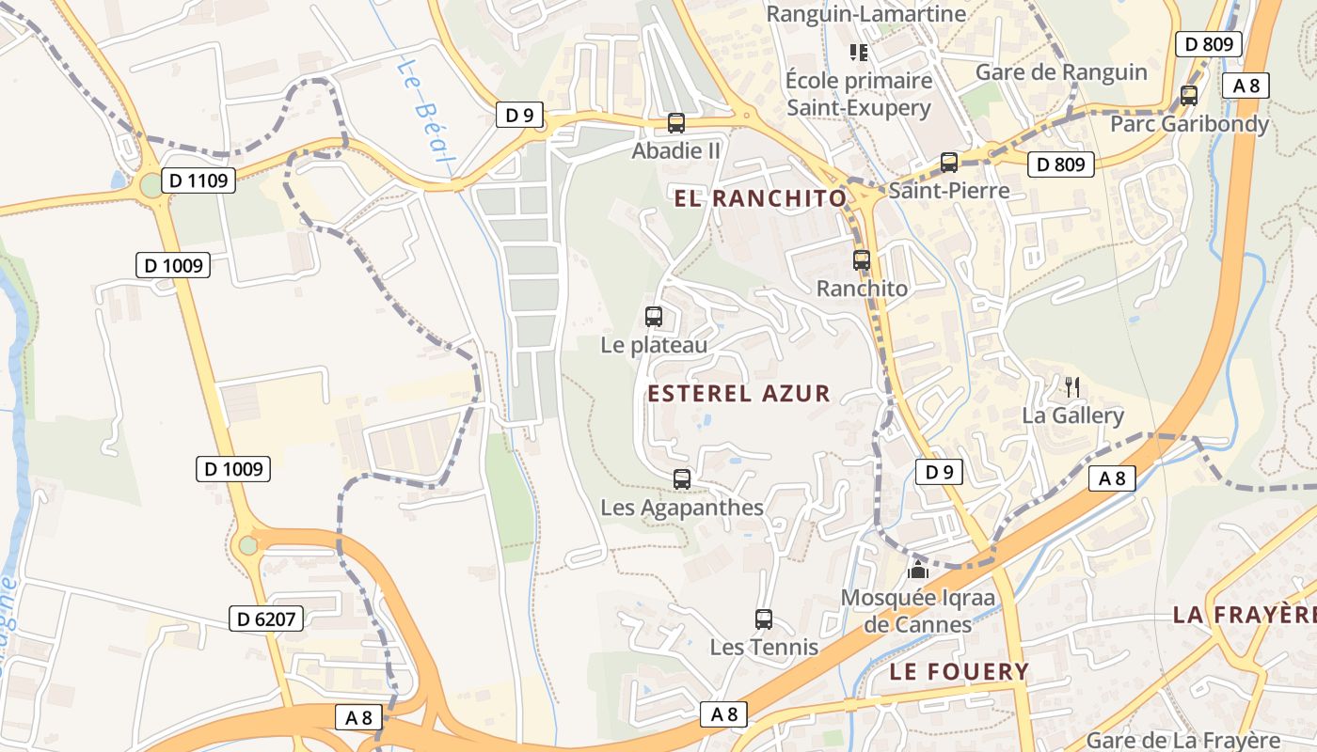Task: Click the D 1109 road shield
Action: coord(198,180)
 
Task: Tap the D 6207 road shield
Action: coord(267,619)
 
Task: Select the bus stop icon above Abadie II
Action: coord(675,122)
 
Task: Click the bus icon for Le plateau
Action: coord(654,317)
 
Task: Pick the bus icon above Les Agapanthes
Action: coord(682,479)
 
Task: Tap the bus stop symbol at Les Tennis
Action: coord(764,619)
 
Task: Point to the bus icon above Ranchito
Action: coord(862,260)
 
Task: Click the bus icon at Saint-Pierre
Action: coord(949,163)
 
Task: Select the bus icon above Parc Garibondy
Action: coord(1189,96)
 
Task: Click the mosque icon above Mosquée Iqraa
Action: coord(918,570)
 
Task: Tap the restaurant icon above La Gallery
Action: coord(1071,386)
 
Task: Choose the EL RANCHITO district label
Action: coord(761,198)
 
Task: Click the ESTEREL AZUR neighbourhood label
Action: coord(739,394)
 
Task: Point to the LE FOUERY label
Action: coord(960,671)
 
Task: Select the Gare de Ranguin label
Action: coord(1061,72)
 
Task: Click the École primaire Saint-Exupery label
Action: coord(859,94)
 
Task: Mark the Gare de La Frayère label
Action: coord(1183,740)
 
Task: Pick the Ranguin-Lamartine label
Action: coord(866,14)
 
